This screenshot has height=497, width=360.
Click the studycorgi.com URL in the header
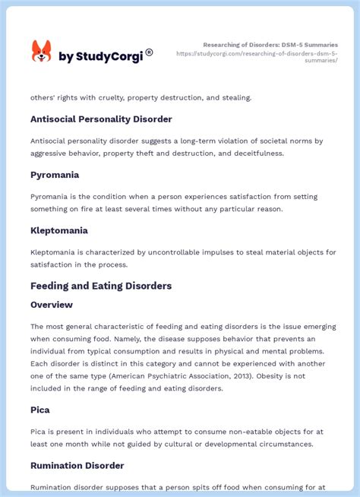[x=257, y=57]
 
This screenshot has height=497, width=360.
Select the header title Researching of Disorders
[x=270, y=45]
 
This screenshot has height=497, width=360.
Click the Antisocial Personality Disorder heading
[x=101, y=119]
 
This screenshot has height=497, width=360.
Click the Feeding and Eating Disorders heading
[x=101, y=286]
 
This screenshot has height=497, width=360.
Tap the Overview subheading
[x=52, y=305]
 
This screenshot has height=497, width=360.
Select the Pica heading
[x=40, y=410]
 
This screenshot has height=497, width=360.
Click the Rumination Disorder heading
[x=77, y=465]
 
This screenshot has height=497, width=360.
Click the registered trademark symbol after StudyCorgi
[x=149, y=52]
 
